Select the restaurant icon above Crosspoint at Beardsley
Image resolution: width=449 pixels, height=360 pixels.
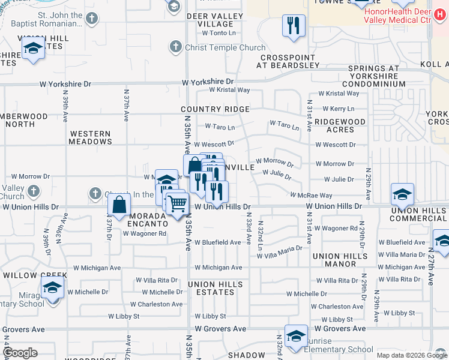[x=294, y=25]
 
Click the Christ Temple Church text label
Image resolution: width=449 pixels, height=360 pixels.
[x=225, y=48]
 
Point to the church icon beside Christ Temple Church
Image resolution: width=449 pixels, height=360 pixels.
[x=175, y=46]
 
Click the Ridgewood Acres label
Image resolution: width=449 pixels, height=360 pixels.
[x=340, y=125]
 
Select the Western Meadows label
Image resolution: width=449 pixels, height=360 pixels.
[x=91, y=137]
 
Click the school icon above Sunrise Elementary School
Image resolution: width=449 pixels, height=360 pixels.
[x=296, y=336]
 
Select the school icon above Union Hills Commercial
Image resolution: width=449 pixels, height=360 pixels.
[x=402, y=194]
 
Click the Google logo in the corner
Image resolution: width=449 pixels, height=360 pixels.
[x=20, y=353]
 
